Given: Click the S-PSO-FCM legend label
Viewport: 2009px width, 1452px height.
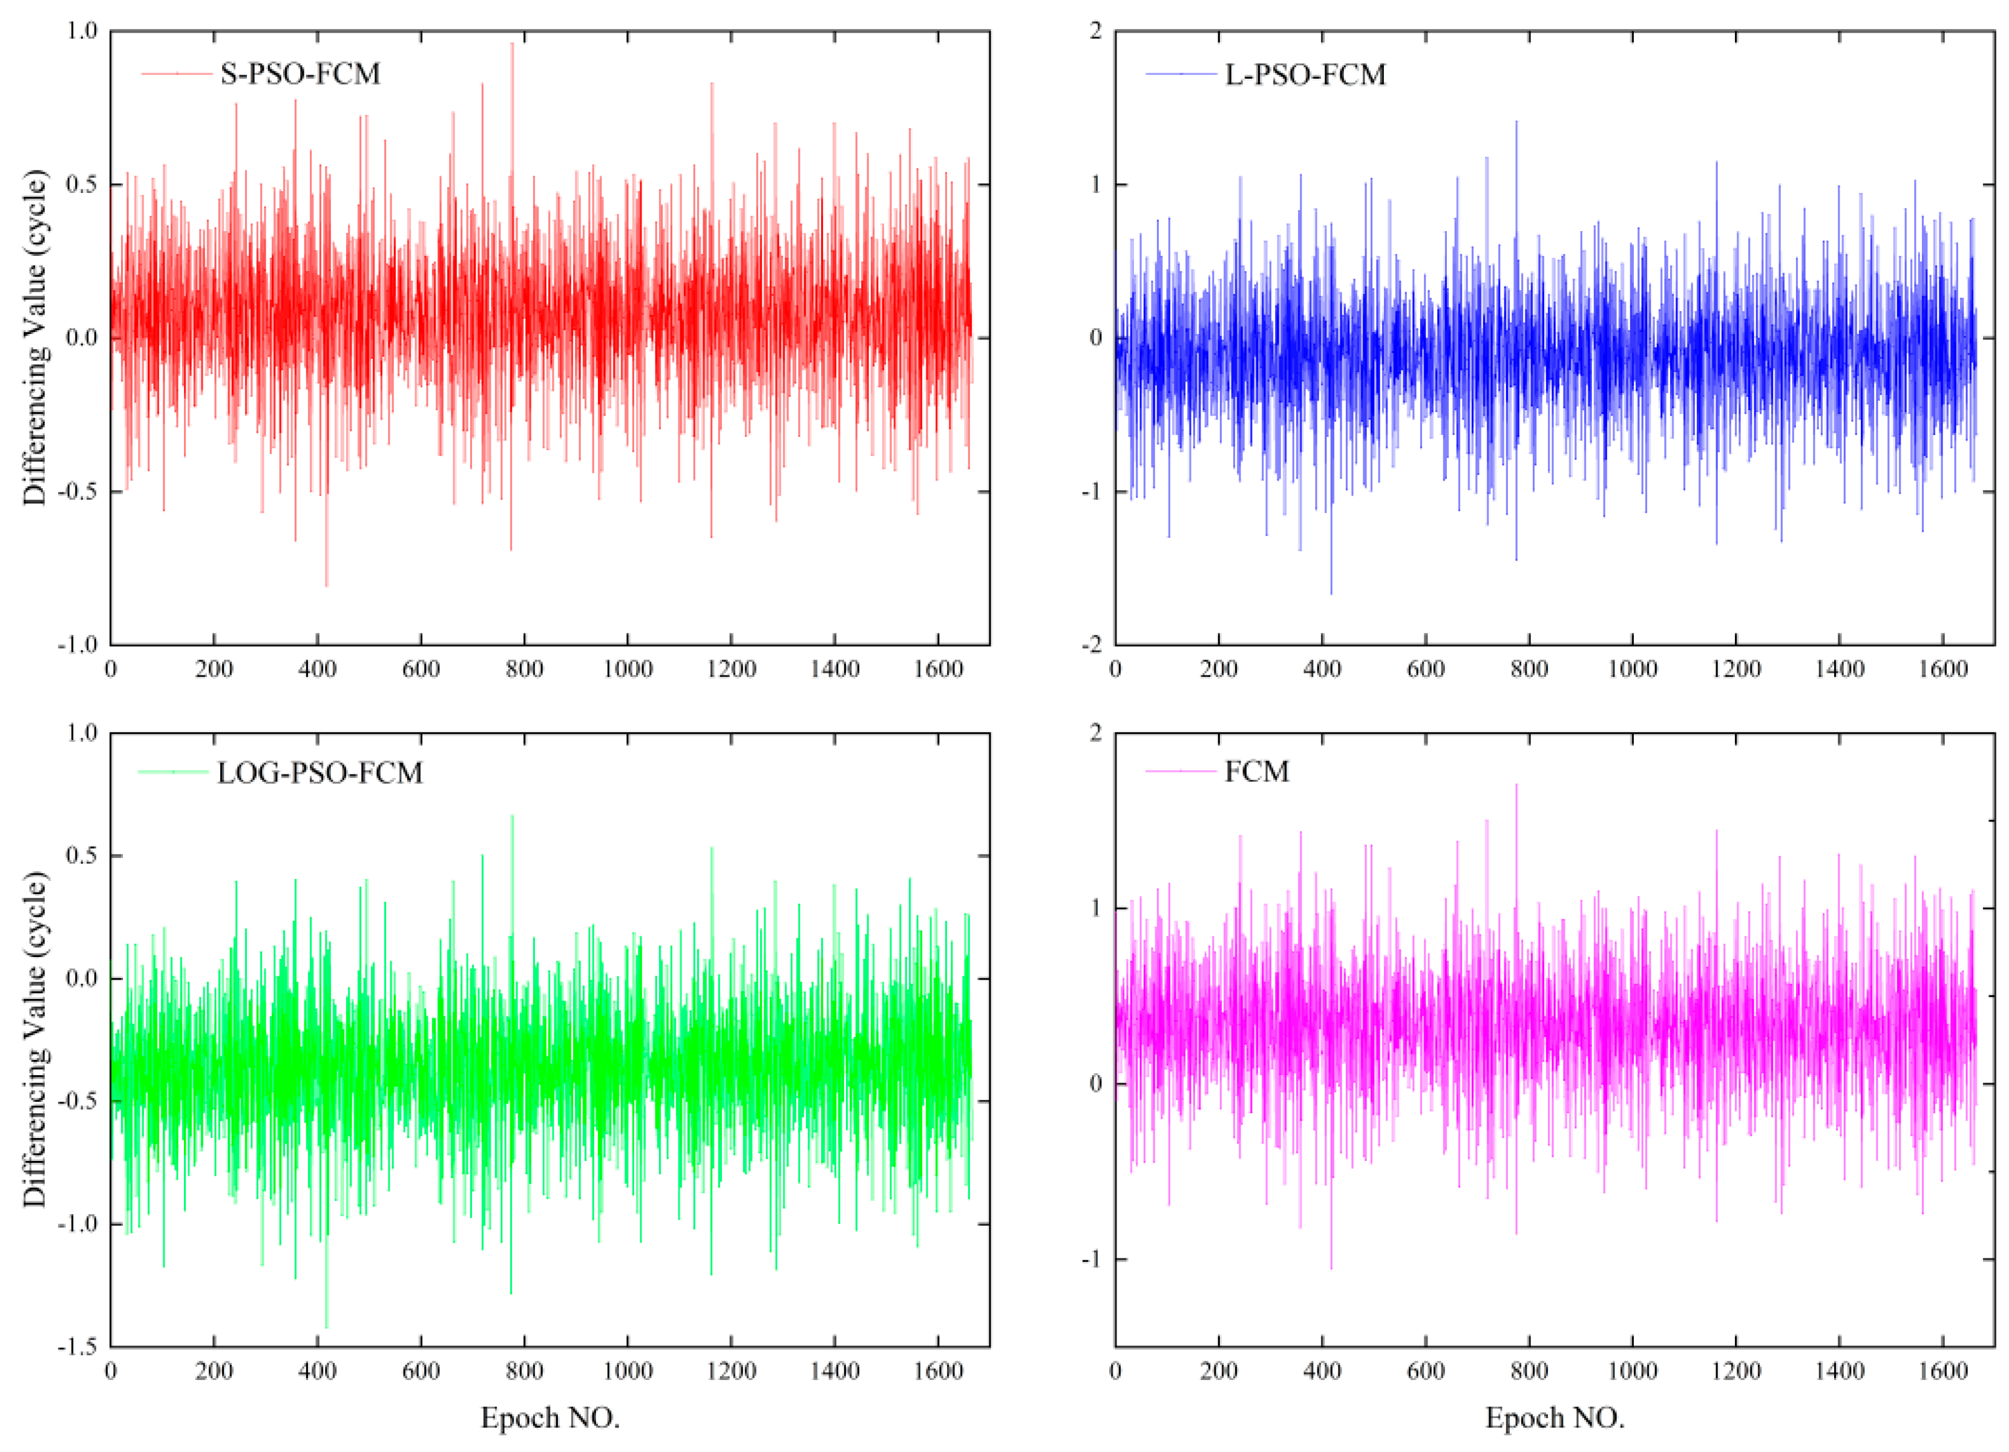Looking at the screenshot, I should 300,73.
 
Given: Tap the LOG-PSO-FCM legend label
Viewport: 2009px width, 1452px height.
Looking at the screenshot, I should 320,773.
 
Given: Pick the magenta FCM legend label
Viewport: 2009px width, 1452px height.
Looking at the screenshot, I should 1256,771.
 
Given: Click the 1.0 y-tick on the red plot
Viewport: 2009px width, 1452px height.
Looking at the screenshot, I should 82,31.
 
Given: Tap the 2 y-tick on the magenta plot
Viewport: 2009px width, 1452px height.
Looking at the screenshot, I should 1096,733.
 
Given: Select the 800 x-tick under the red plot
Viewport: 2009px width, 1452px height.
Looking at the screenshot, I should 525,669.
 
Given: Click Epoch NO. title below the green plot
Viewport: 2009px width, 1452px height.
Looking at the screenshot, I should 550,1418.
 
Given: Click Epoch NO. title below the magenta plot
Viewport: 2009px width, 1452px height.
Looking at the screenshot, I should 1555,1418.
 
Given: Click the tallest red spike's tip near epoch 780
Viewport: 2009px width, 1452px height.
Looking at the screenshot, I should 511,44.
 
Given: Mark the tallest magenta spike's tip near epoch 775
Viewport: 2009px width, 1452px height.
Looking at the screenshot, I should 1516,785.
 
